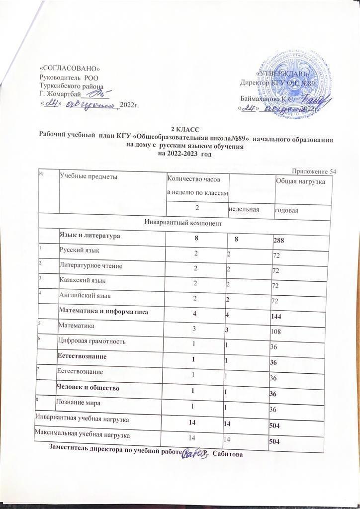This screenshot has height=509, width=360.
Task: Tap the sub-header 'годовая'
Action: pos(287,211)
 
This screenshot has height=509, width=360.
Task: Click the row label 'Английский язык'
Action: pos(86,296)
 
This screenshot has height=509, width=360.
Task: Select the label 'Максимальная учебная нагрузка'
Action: pos(83,435)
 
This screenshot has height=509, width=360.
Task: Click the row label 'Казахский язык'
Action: pos(83,281)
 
